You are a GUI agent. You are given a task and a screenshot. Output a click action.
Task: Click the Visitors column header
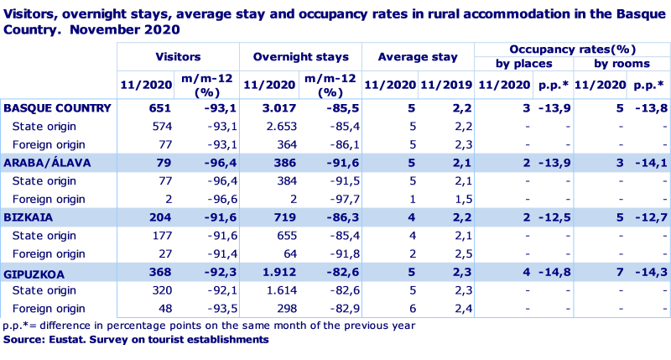tap(177, 56)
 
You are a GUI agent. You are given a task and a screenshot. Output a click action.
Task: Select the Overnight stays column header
tap(300, 56)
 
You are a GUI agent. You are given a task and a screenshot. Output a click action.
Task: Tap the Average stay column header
tap(417, 56)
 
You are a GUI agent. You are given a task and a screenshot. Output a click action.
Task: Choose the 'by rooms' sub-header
tap(622, 65)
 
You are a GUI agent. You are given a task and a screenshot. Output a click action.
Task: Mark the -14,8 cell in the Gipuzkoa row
tap(554, 272)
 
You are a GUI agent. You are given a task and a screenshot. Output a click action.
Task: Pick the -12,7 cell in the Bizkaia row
tap(650, 217)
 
